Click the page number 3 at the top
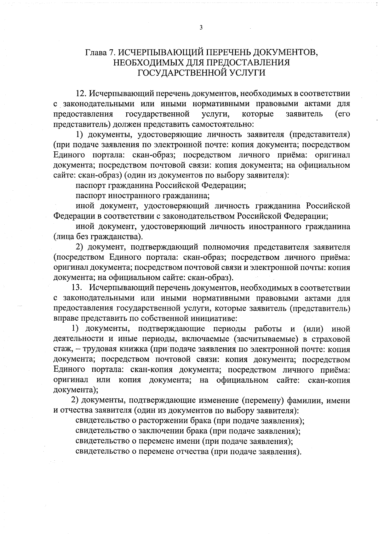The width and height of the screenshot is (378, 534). (201, 27)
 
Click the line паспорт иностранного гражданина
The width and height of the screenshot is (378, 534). (143, 196)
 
